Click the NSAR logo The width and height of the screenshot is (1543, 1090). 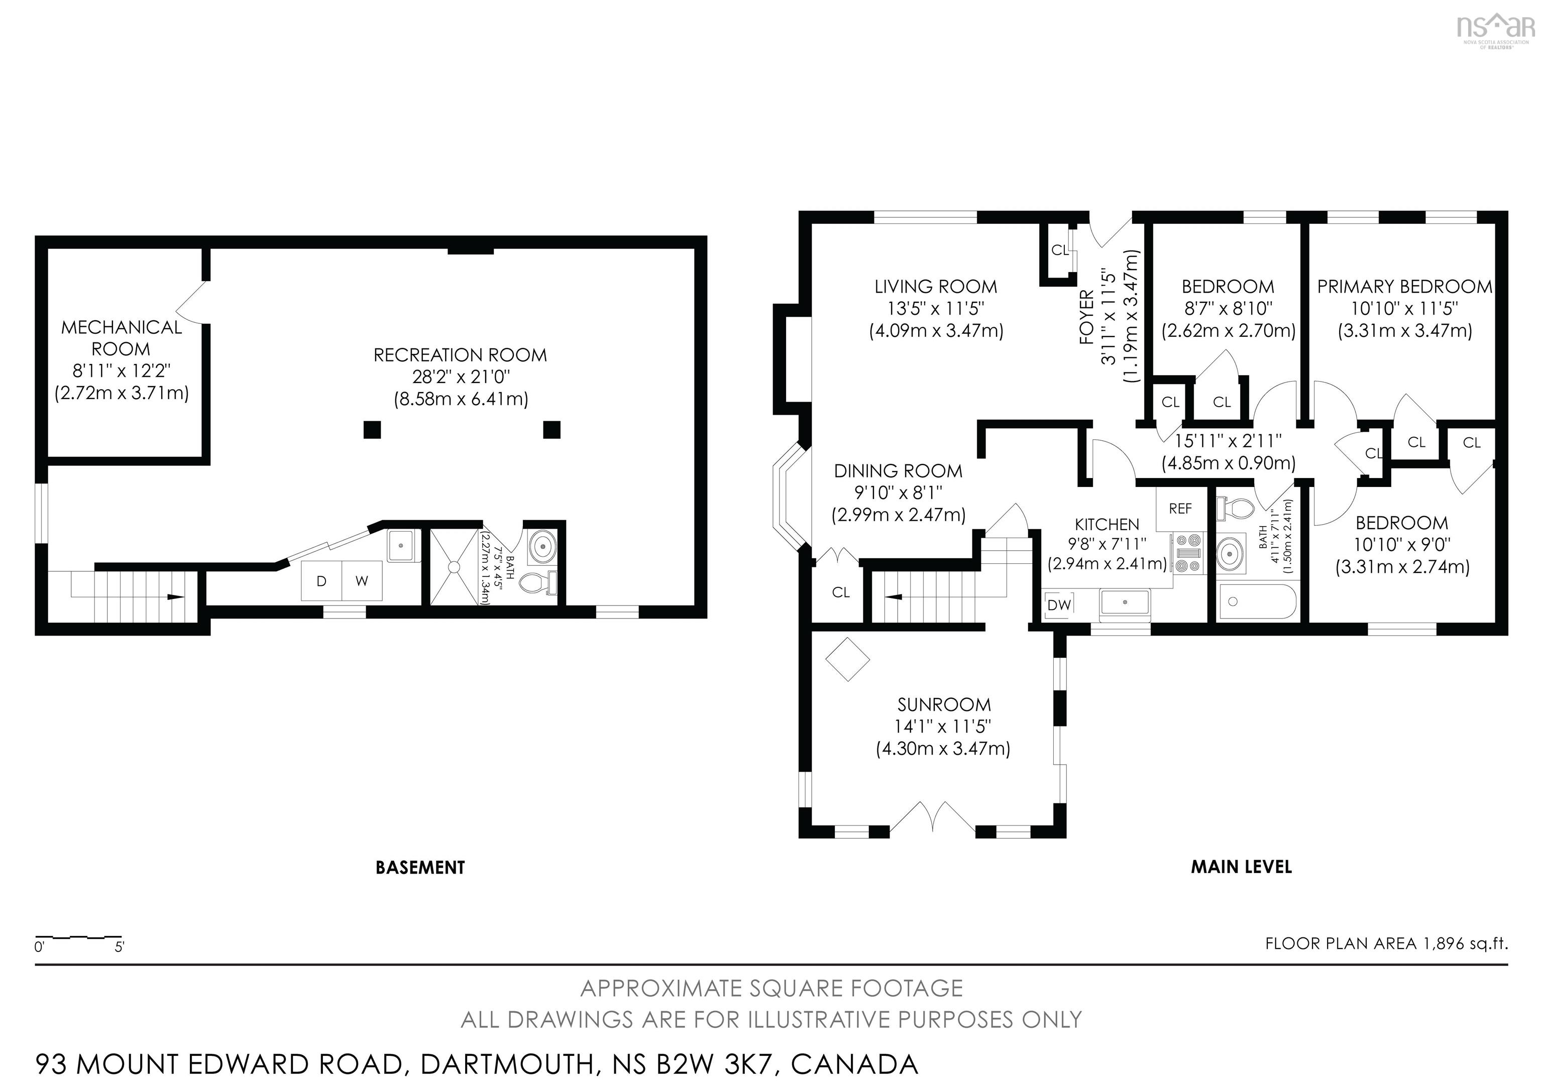(x=1495, y=30)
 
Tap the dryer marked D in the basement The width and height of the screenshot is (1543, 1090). (x=321, y=581)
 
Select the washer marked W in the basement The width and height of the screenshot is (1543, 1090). (x=362, y=581)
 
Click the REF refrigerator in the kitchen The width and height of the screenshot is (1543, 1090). (x=1180, y=509)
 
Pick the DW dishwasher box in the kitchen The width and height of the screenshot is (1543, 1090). (x=1059, y=605)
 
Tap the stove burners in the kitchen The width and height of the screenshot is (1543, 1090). (x=1187, y=553)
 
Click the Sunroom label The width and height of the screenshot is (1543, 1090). (x=944, y=704)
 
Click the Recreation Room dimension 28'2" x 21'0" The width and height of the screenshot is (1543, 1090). (x=461, y=377)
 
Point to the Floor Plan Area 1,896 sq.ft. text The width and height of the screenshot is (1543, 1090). (x=1386, y=943)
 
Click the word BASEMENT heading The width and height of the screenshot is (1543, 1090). (x=420, y=868)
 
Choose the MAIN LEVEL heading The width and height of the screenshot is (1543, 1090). (x=1241, y=867)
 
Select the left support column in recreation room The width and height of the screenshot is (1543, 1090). (x=372, y=430)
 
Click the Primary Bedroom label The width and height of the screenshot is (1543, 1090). (x=1404, y=287)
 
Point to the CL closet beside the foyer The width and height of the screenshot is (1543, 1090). (x=1060, y=251)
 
